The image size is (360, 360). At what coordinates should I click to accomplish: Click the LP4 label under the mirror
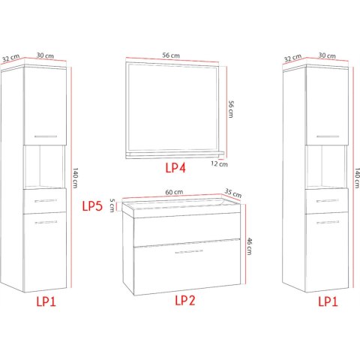(175, 168)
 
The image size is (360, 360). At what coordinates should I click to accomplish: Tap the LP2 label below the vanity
(184, 300)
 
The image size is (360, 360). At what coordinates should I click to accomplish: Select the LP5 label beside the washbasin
(92, 206)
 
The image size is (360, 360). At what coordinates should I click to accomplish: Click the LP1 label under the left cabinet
(46, 301)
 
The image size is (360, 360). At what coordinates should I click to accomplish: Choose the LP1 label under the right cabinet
(328, 301)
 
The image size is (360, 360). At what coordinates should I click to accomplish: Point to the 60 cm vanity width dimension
(174, 192)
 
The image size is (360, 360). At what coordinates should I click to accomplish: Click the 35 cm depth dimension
(233, 193)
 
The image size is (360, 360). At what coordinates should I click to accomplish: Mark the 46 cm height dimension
(249, 247)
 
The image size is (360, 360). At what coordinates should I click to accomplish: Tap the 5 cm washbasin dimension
(112, 205)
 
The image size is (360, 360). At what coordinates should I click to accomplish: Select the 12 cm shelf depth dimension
(219, 164)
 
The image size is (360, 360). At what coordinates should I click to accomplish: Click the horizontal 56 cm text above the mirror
(171, 55)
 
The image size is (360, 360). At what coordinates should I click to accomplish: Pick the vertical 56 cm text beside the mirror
(231, 109)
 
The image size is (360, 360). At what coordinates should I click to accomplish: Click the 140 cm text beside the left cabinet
(75, 178)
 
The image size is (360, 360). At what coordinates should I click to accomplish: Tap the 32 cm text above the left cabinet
(10, 58)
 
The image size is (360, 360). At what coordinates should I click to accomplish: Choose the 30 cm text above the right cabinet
(327, 55)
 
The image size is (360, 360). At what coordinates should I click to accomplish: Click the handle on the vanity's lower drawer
(189, 251)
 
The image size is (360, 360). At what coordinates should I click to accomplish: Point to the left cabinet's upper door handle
(46, 136)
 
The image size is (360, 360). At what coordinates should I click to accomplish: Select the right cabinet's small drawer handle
(328, 201)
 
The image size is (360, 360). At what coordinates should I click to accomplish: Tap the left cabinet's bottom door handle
(46, 222)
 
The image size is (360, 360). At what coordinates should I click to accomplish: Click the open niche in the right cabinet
(326, 166)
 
